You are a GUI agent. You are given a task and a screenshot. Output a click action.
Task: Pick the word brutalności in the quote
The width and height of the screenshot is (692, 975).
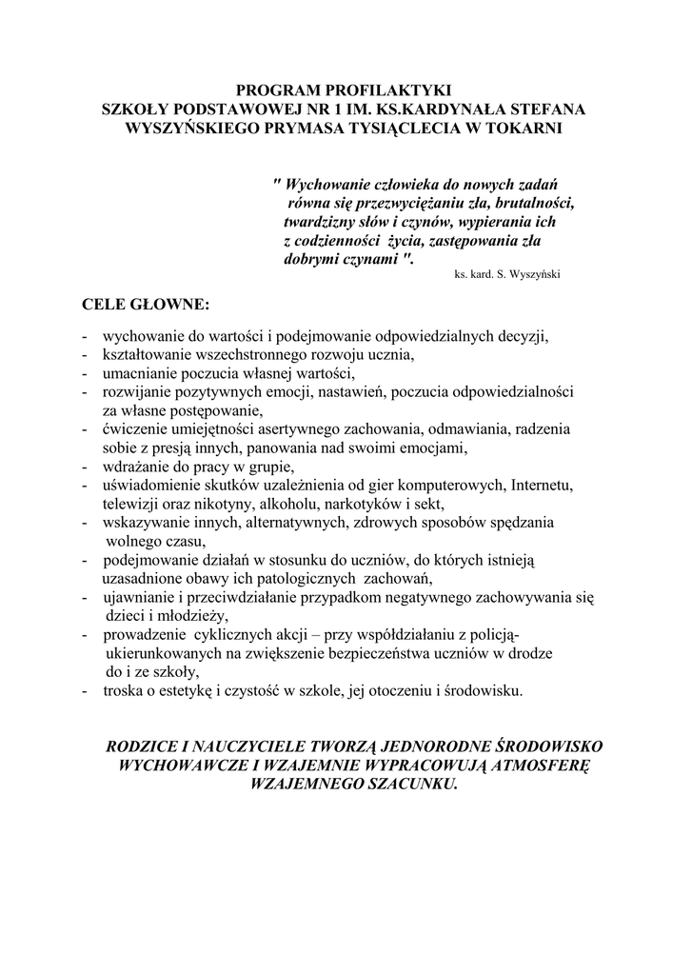coord(538,202)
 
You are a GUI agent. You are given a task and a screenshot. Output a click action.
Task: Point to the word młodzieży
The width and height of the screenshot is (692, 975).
coord(193,615)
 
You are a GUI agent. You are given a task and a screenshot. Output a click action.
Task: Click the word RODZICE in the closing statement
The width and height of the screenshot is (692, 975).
coord(146,747)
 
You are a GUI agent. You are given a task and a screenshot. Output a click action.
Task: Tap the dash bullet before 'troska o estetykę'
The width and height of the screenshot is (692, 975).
coord(87,691)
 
